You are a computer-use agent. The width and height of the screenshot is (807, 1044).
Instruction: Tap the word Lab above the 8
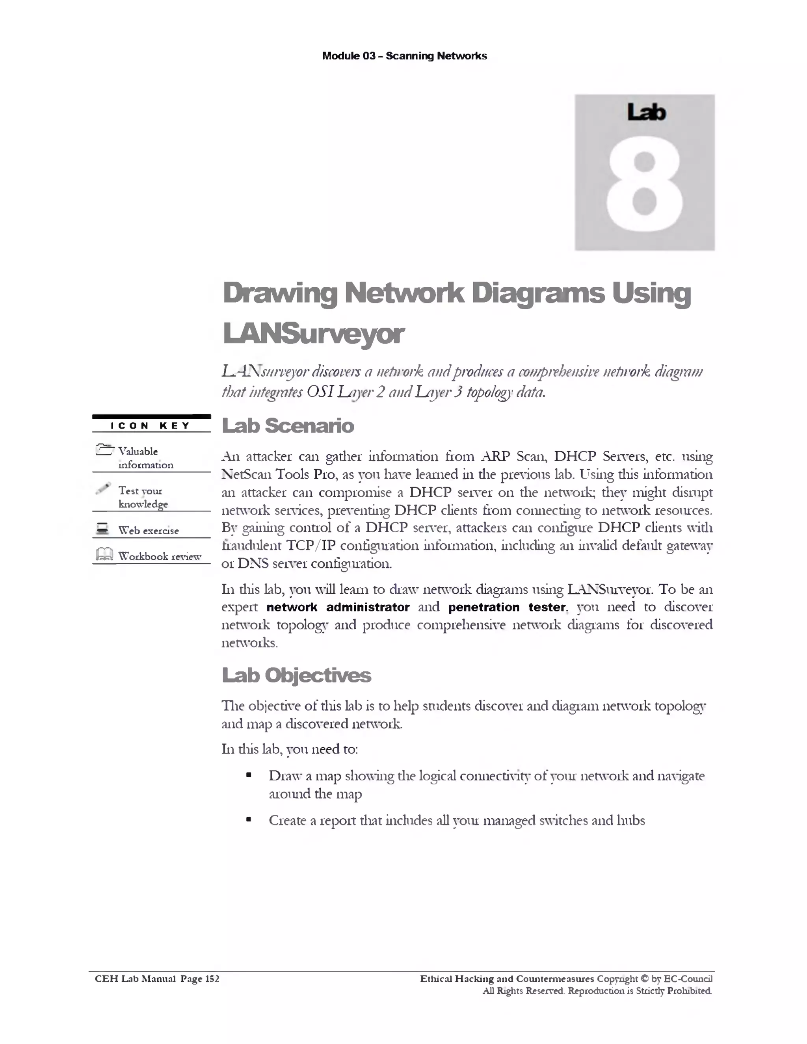click(646, 112)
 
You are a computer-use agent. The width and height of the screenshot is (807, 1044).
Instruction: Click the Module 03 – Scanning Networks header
click(404, 56)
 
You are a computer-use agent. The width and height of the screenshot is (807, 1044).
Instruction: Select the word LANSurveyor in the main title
click(314, 334)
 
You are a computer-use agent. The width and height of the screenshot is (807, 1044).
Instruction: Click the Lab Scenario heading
click(288, 425)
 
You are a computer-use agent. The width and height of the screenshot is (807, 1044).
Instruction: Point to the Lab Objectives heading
click(296, 675)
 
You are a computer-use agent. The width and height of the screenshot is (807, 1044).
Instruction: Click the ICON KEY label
click(151, 425)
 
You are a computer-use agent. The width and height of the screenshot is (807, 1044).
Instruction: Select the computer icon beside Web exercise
click(102, 529)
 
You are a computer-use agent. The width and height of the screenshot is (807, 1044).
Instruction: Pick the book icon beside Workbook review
click(104, 555)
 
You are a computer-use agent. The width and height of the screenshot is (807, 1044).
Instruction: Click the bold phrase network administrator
click(338, 607)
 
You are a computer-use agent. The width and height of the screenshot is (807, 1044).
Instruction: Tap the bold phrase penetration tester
click(507, 607)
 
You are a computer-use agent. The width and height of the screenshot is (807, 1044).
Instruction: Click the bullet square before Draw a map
click(249, 775)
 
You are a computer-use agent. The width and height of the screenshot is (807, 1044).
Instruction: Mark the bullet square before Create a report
click(249, 820)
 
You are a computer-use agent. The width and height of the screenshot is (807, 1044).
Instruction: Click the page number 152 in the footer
click(212, 979)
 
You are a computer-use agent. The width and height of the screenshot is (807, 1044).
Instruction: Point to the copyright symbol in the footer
click(644, 979)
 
